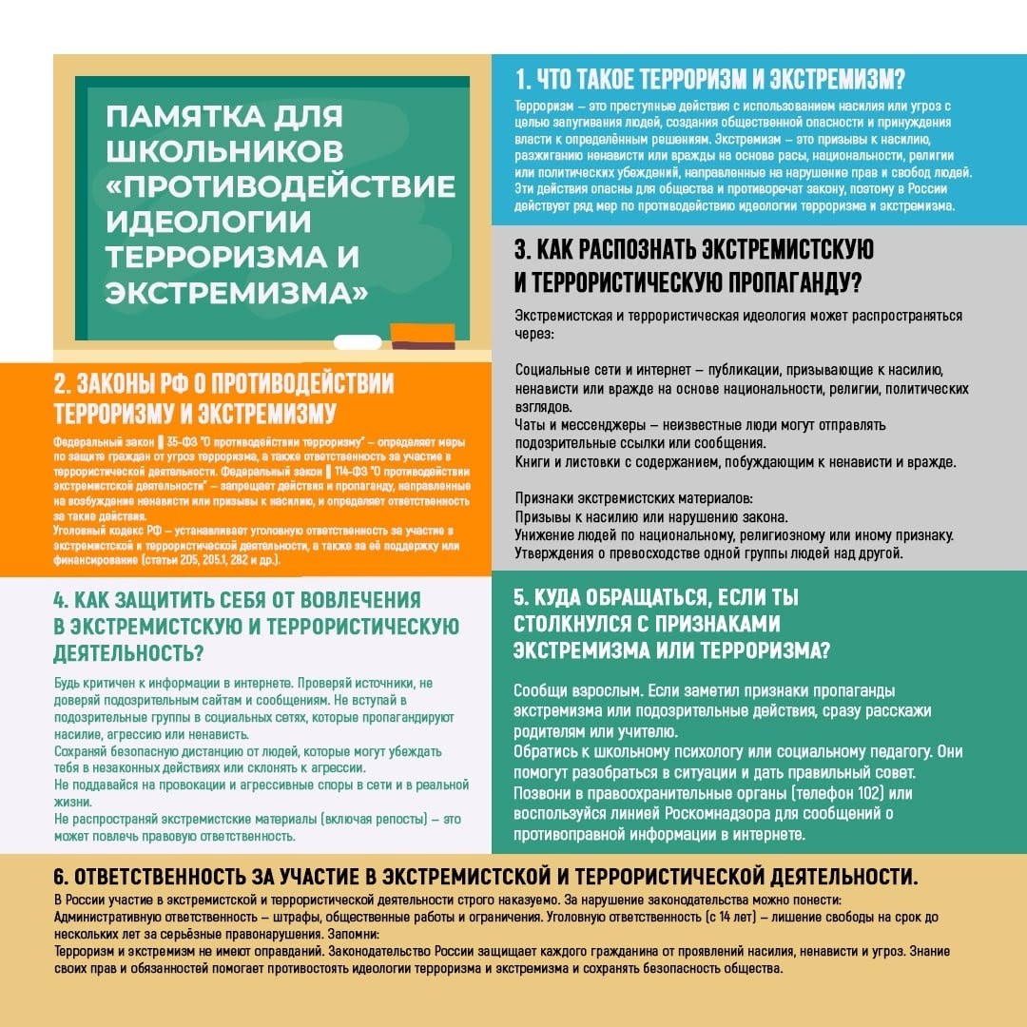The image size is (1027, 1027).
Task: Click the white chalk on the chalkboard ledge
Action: pyautogui.click(x=358, y=341)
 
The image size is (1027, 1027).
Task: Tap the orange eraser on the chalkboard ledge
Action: pyautogui.click(x=422, y=334)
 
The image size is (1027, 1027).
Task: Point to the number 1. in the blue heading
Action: pyautogui.click(x=523, y=78)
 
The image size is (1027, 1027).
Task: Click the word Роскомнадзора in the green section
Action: pyautogui.click(x=680, y=814)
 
